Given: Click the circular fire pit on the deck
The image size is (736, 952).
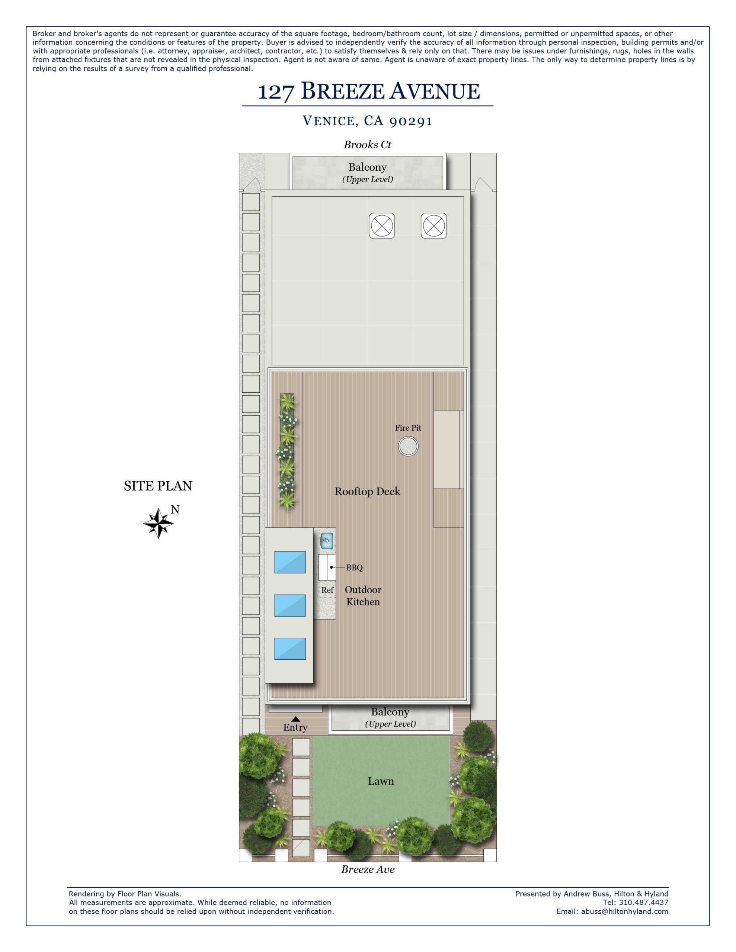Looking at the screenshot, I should (x=408, y=446).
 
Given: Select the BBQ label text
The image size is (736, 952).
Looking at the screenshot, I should (x=354, y=567).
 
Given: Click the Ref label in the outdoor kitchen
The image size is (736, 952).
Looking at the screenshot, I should (x=327, y=590).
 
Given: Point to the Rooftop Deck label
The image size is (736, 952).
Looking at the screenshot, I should (x=367, y=491).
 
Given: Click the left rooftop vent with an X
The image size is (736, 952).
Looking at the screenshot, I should (x=382, y=226).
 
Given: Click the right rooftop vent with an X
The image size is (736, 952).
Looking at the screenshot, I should (x=433, y=226).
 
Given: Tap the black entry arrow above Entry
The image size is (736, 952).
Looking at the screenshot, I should (x=295, y=719).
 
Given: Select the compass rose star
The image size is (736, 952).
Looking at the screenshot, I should (x=159, y=523).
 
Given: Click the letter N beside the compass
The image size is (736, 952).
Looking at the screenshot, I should (x=175, y=509).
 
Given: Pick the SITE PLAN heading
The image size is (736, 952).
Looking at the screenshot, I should (x=158, y=486).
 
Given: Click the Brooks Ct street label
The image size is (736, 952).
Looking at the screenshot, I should (x=367, y=145).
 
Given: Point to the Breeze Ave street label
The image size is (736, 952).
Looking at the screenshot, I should (x=368, y=869).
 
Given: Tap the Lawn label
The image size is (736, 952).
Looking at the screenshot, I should (x=380, y=781).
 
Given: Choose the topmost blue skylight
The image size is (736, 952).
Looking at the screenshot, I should (x=290, y=562).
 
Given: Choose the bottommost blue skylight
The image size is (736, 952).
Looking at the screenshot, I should (x=290, y=649).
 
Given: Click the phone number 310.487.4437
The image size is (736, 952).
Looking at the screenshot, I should (x=643, y=902).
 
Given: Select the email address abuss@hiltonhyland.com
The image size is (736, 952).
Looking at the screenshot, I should (x=624, y=911).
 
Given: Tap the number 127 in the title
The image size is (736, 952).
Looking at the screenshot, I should (x=276, y=92).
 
